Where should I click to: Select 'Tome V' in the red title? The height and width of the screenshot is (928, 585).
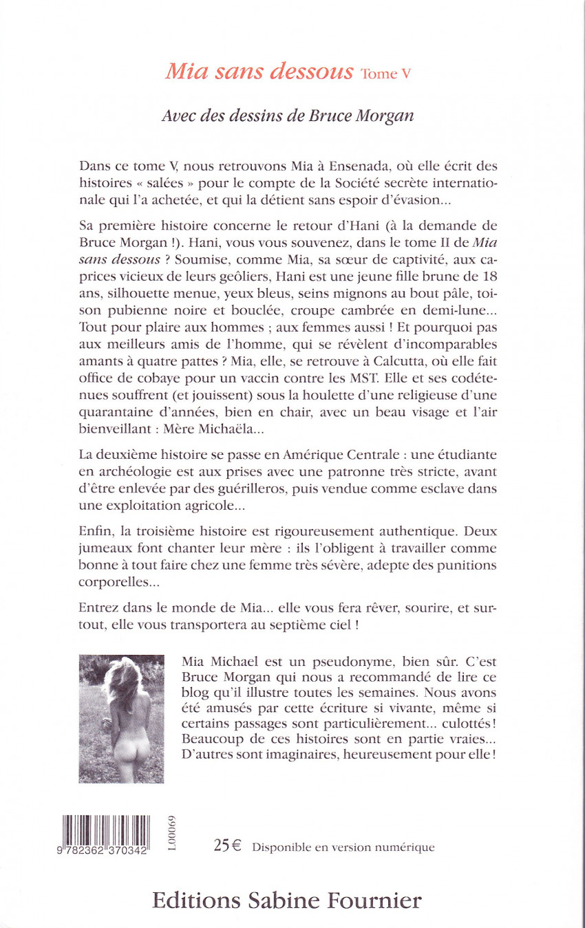(385, 74)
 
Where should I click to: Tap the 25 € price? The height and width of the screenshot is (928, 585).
(227, 846)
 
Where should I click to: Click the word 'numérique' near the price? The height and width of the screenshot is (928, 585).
(403, 848)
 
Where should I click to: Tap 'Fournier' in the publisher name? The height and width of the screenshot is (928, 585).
(370, 900)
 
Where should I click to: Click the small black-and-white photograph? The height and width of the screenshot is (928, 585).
(122, 719)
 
